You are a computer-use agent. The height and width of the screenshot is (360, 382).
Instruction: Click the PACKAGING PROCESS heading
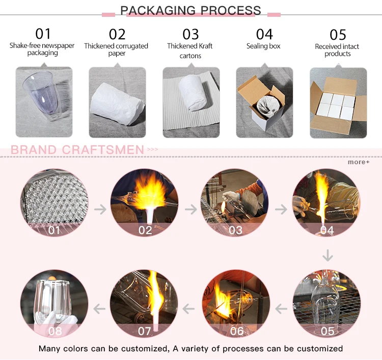coord(190,10)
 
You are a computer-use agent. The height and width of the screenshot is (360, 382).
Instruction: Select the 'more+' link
coord(359,162)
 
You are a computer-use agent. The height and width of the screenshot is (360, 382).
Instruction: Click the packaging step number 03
coord(190,34)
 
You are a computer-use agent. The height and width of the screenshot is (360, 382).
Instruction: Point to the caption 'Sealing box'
coord(263,46)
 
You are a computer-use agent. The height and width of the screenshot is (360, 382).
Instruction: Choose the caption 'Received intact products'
coord(337,50)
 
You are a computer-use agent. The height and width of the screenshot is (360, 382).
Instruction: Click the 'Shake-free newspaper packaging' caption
coord(42,49)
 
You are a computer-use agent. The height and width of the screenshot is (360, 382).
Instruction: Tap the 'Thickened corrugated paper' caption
coord(116,50)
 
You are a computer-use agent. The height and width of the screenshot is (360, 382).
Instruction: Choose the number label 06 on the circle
coord(237,331)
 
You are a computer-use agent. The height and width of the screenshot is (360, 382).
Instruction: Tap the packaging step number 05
coord(338,35)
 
